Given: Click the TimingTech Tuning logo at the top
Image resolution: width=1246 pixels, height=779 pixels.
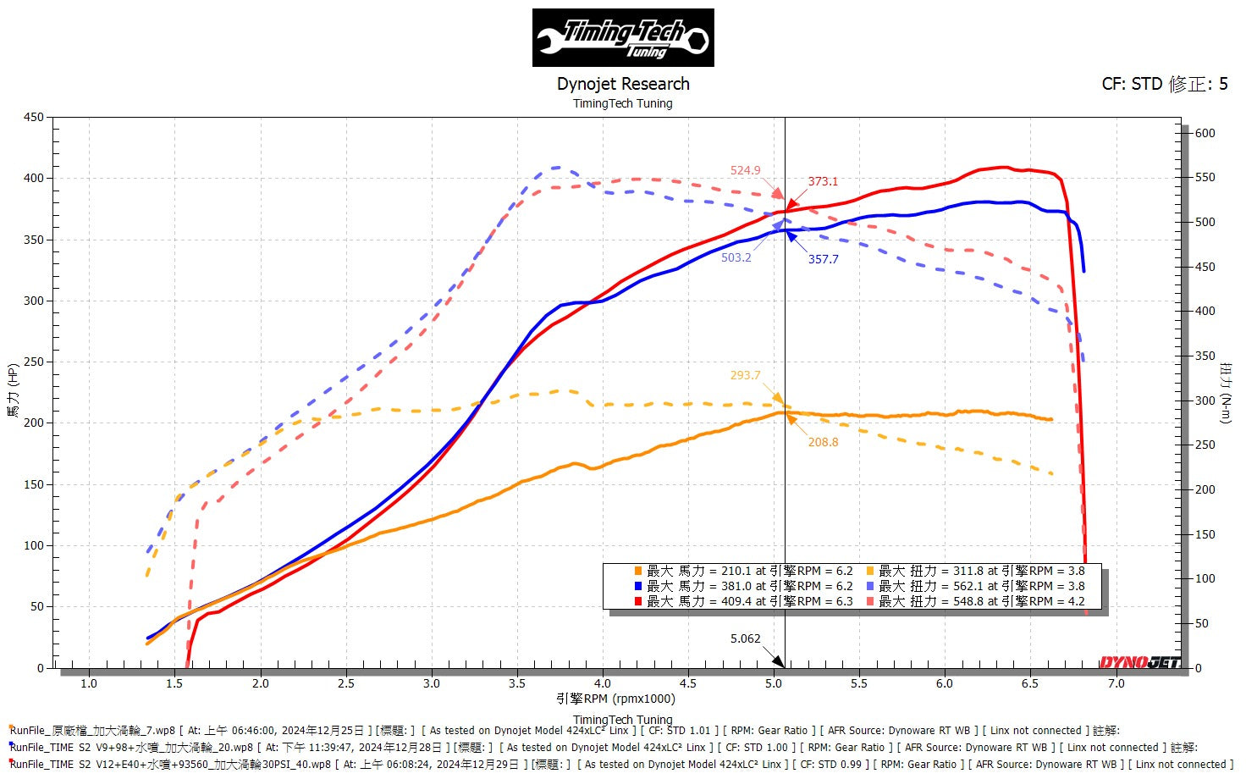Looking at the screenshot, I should pos(623,38).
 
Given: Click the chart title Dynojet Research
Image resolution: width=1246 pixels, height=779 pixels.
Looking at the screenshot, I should pos(623,84).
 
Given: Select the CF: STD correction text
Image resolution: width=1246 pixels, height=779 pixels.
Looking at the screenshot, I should pos(1164,84).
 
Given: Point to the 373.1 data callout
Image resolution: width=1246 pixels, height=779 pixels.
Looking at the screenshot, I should pos(822,181).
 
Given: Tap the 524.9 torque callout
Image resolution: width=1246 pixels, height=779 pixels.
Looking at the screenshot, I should pos(745,170).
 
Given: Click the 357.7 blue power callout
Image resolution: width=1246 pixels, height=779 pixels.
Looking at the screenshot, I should pos(823,259).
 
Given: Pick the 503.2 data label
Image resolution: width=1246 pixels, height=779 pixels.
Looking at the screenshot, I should pos(736,257).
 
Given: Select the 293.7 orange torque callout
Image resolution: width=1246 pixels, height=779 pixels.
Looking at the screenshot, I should pos(745,375).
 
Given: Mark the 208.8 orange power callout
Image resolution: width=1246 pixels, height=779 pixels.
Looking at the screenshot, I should pos(823,442).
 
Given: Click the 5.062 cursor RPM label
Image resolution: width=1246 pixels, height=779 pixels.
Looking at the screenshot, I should pos(745,638).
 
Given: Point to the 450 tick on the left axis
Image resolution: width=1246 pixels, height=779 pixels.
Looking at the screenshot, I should pos(34,117).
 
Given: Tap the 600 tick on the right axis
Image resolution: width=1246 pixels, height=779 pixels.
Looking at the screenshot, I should pos(1205,133).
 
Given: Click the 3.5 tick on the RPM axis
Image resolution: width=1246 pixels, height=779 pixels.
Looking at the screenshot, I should pos(517,683).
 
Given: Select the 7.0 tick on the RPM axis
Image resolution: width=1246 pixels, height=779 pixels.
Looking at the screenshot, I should pos(1116,683).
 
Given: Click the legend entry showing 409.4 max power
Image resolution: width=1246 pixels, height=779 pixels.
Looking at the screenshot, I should pos(749,601).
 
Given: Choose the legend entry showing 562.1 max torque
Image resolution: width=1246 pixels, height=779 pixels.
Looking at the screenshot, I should pos(981,586).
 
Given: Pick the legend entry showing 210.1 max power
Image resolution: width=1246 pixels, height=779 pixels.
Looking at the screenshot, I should pos(749,571).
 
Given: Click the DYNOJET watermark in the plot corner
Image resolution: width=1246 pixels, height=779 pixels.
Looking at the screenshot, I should pos(1139,661).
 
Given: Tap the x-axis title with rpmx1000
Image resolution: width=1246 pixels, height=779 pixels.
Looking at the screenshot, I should pos(615,699).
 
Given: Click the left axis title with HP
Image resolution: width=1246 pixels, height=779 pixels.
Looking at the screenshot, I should pos(13,390).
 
